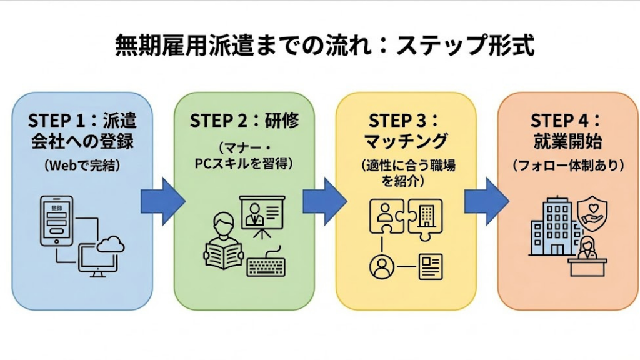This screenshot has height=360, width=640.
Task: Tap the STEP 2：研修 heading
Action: click(x=244, y=121)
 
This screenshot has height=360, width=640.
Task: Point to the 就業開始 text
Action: click(x=566, y=141)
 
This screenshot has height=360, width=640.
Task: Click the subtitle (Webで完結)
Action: click(x=82, y=166)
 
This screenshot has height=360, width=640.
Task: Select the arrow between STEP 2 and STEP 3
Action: click(x=324, y=200)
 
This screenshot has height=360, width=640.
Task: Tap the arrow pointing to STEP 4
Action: click(x=486, y=200)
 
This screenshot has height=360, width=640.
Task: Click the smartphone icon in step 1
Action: click(x=56, y=221)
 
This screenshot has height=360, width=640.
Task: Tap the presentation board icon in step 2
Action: click(x=262, y=216)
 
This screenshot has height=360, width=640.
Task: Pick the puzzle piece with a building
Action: click(x=426, y=216)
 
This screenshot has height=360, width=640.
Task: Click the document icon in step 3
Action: click(x=431, y=266)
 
